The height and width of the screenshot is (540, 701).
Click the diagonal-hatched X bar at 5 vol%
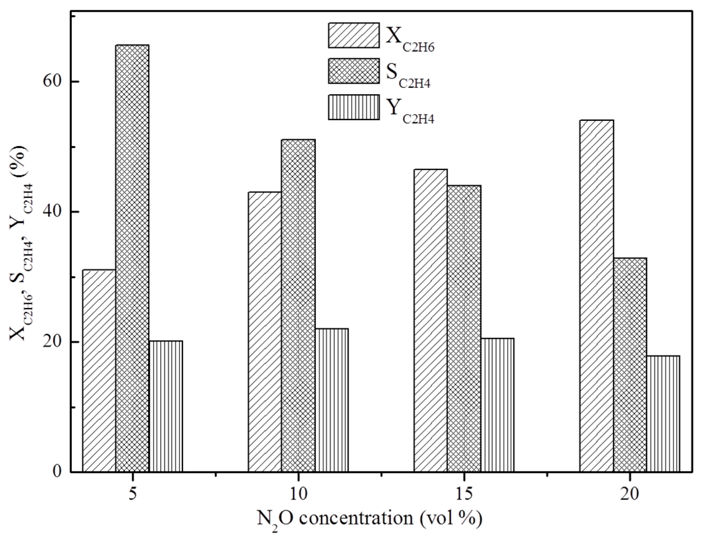[x=99, y=371]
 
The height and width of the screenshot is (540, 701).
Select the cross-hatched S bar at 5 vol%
[x=132, y=258]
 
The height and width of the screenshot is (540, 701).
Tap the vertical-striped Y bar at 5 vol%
[x=166, y=406]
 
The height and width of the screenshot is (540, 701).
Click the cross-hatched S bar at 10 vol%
[x=298, y=306]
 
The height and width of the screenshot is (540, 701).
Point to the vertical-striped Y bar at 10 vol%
[x=332, y=400]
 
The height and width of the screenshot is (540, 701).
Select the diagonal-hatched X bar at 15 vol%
[x=430, y=320]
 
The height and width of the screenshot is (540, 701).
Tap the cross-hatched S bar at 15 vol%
[x=464, y=328]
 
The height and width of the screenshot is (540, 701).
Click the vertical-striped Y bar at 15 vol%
[x=497, y=405]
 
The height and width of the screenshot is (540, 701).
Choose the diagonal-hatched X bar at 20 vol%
[x=596, y=296]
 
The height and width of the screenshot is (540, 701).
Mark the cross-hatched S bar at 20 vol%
[x=630, y=365]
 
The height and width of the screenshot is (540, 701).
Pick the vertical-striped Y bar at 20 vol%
[x=663, y=414]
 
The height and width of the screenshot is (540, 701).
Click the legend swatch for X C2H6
[x=353, y=35]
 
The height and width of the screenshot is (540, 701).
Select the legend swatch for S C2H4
[x=353, y=71]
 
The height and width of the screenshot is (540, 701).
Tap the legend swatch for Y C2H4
[x=353, y=107]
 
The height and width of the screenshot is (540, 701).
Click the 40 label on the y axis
[x=53, y=212]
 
